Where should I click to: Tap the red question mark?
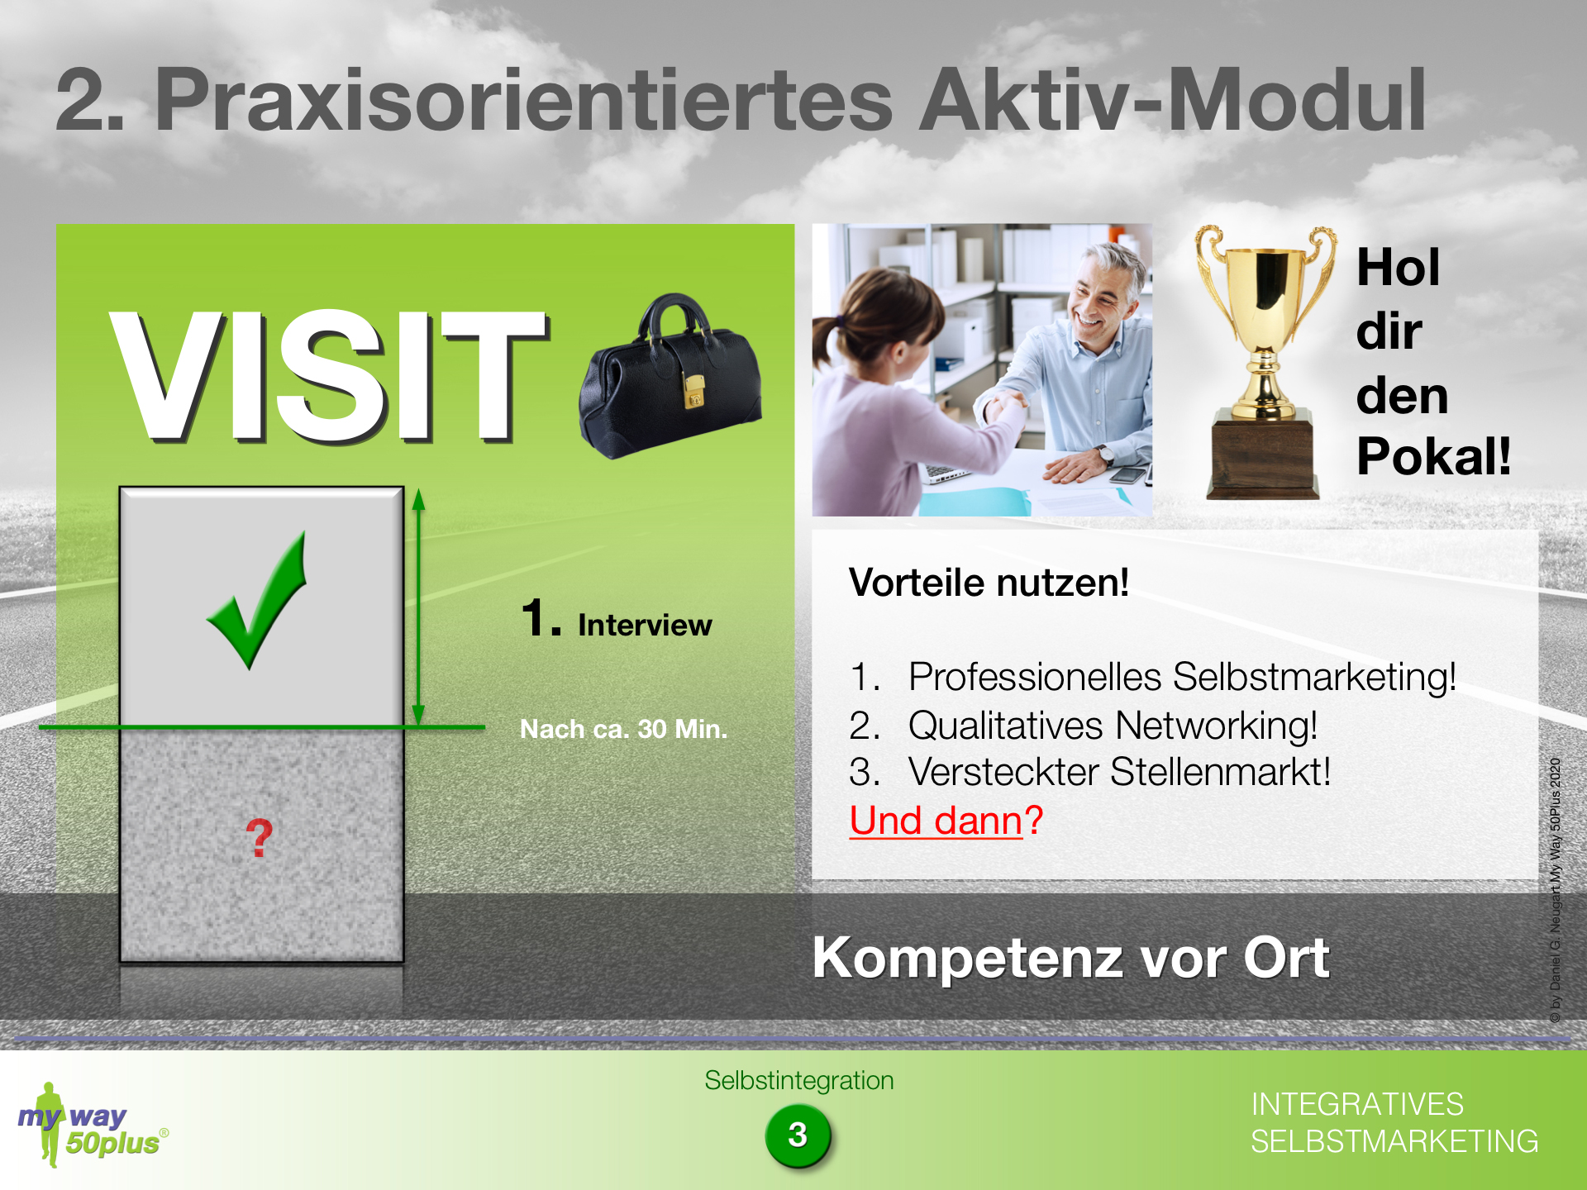coord(260,838)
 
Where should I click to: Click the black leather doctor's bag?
coord(670,376)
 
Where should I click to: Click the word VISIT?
coord(329,376)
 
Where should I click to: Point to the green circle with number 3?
coord(798,1135)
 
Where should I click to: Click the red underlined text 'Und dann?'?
coord(946,821)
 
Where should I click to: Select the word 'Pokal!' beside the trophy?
coord(1433,455)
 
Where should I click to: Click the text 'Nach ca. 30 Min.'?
coord(623,729)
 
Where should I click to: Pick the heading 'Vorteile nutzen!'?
coord(989,583)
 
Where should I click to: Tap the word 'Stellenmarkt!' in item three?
coord(1220,772)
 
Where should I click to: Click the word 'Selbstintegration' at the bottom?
coord(799,1080)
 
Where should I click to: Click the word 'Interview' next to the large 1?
coord(645,625)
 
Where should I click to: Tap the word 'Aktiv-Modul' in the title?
coord(1173,100)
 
